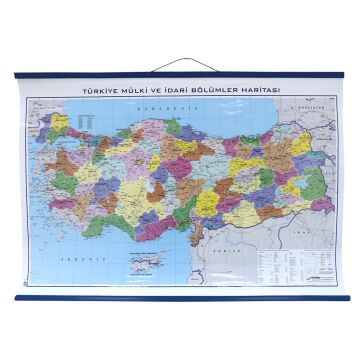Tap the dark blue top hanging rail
(x=180, y=75)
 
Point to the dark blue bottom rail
(x=180, y=297)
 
